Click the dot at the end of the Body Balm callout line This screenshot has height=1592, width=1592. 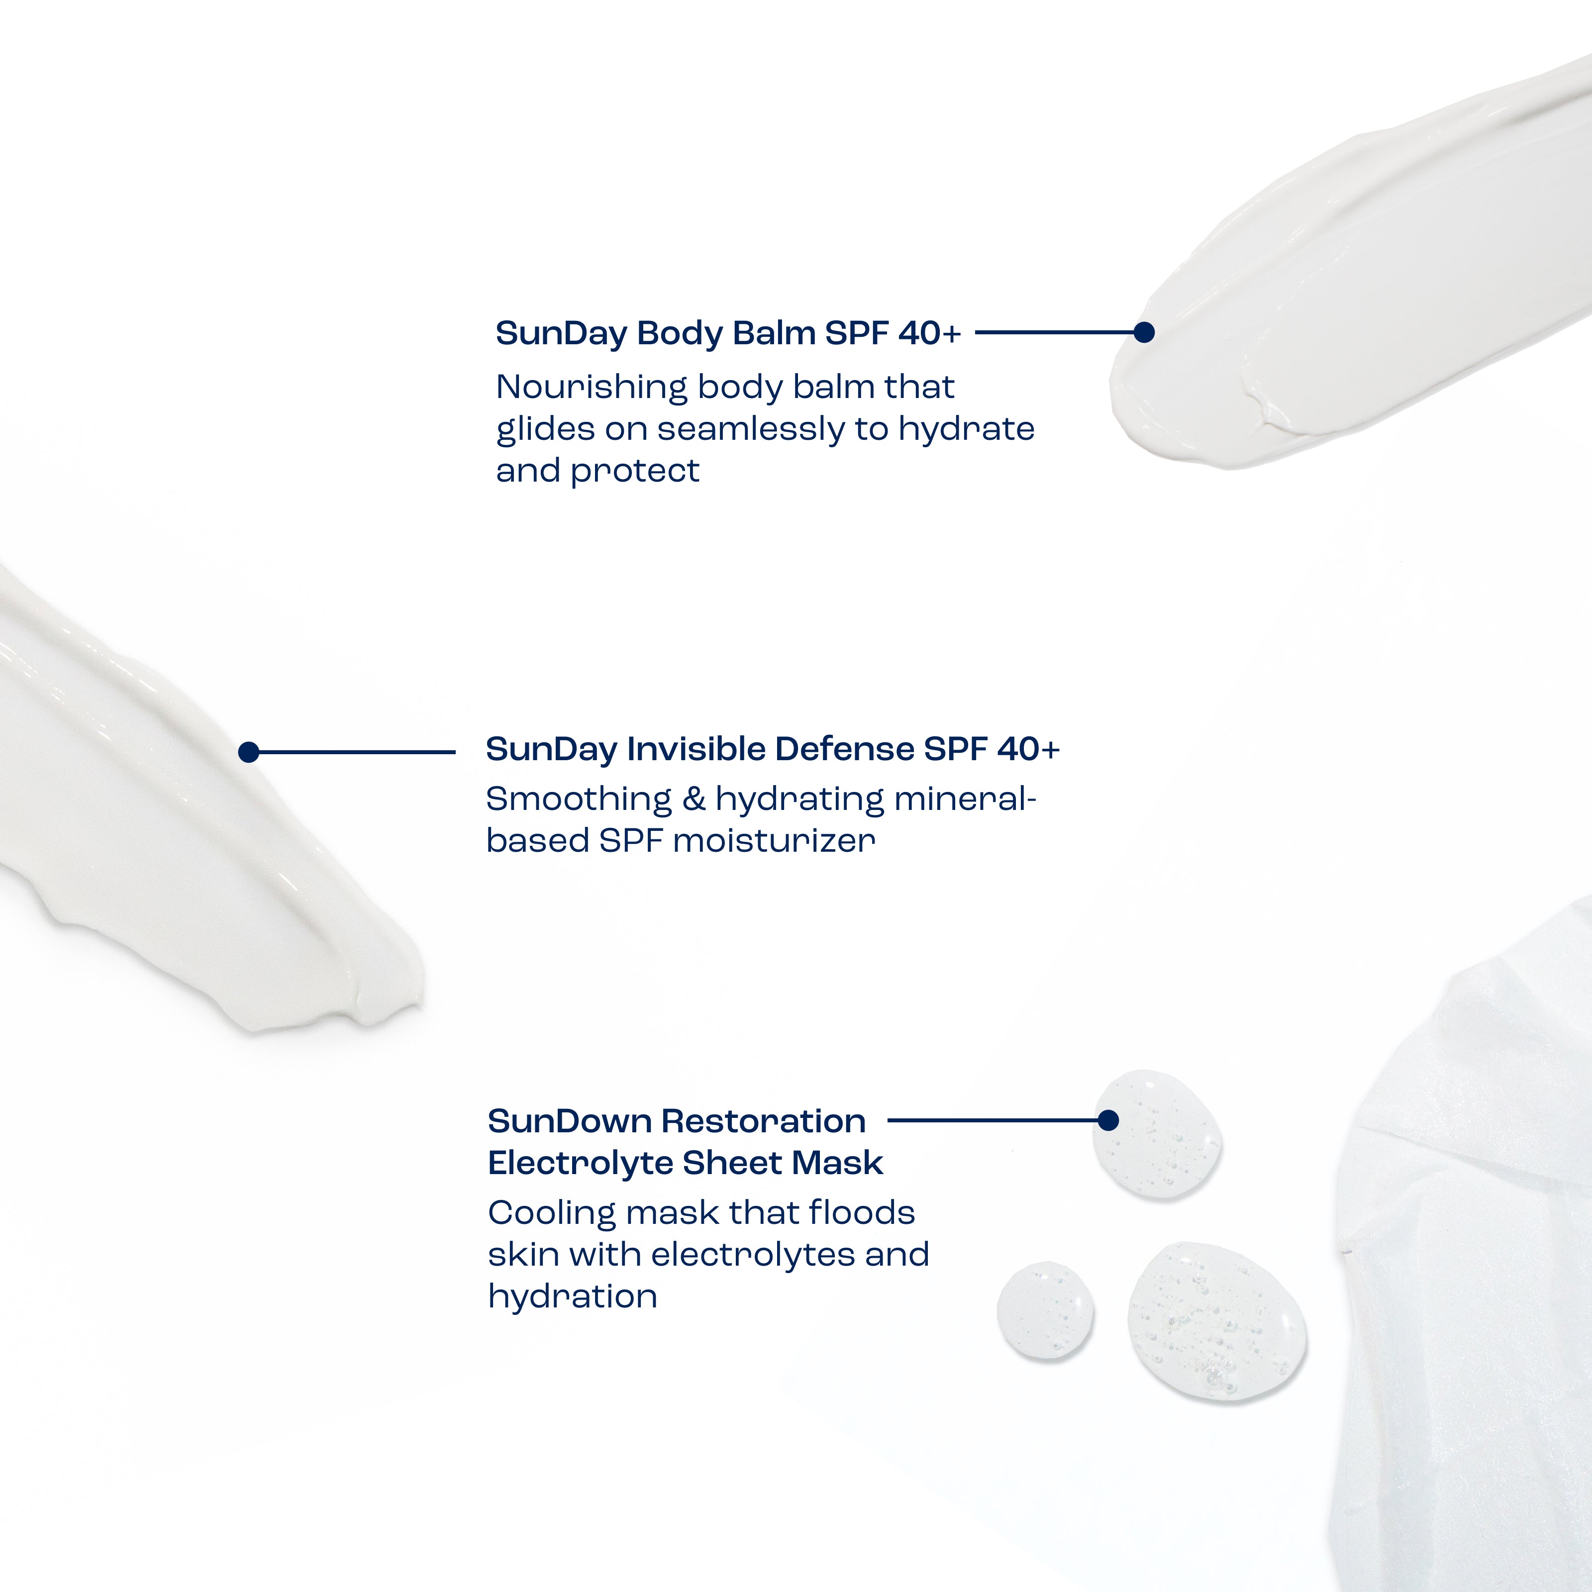pos(1144,332)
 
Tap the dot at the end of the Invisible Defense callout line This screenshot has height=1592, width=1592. pos(249,752)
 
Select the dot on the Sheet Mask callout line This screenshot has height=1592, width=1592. pos(1108,1120)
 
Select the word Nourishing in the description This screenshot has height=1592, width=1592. pos(592,387)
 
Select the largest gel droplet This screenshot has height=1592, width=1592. pos(1217,1321)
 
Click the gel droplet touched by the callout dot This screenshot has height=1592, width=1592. pos(1157,1135)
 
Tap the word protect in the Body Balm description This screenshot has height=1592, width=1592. pos(634,471)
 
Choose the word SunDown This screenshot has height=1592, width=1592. pos(570,1121)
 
